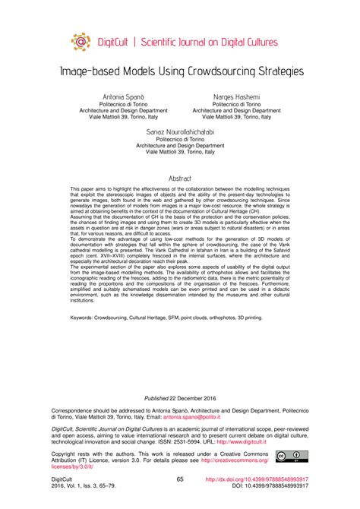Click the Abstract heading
(x=180, y=179)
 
